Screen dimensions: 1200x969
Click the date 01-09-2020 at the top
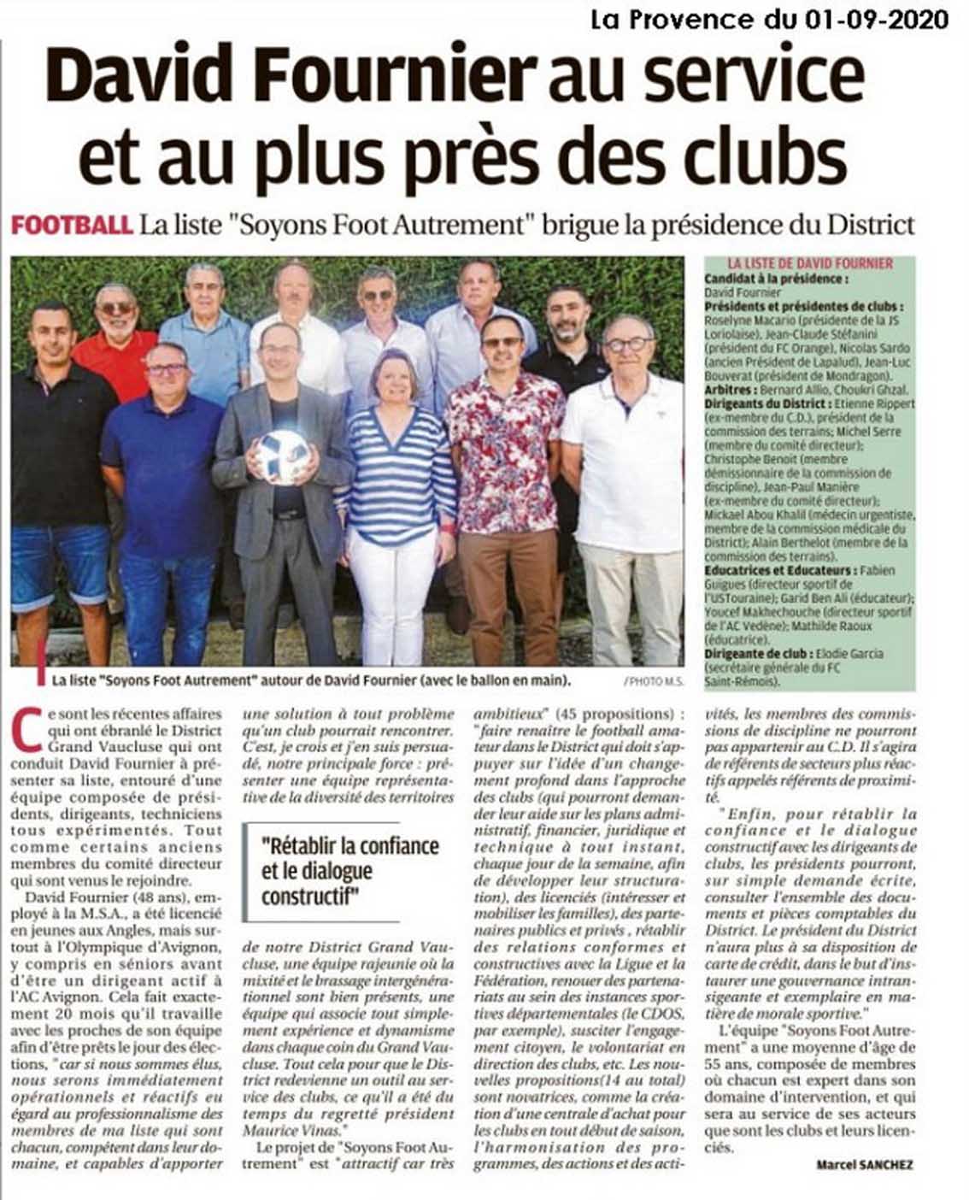876,19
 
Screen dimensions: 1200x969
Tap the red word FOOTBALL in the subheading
72,225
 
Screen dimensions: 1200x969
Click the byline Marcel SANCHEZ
865,1164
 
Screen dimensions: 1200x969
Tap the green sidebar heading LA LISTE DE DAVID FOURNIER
810,264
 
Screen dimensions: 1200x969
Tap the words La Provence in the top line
650,19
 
